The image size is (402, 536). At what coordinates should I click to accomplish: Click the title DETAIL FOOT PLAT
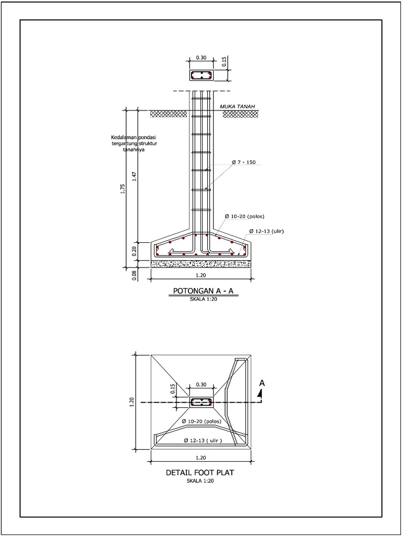(x=200, y=472)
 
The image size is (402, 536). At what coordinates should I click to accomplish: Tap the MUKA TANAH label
(x=237, y=107)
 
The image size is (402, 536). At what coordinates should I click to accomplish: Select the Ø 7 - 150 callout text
(x=243, y=163)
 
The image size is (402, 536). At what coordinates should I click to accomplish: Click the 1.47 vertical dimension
(x=135, y=176)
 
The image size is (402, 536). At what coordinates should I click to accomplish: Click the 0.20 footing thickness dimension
(x=135, y=251)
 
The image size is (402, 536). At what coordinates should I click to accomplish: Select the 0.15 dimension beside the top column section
(x=224, y=62)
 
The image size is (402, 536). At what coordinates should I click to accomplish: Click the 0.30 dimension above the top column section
(x=202, y=58)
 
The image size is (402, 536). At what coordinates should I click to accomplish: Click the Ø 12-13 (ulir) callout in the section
(x=266, y=231)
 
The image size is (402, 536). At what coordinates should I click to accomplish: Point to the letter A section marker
(x=262, y=383)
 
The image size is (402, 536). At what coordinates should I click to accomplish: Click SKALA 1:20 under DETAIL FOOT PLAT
(x=200, y=480)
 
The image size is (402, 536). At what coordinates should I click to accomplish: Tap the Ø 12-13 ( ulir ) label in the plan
(x=203, y=441)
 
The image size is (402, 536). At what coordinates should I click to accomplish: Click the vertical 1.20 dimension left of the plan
(x=132, y=401)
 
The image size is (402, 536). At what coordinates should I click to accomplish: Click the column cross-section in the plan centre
(x=202, y=402)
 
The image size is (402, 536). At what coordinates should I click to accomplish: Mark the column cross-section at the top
(x=202, y=75)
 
